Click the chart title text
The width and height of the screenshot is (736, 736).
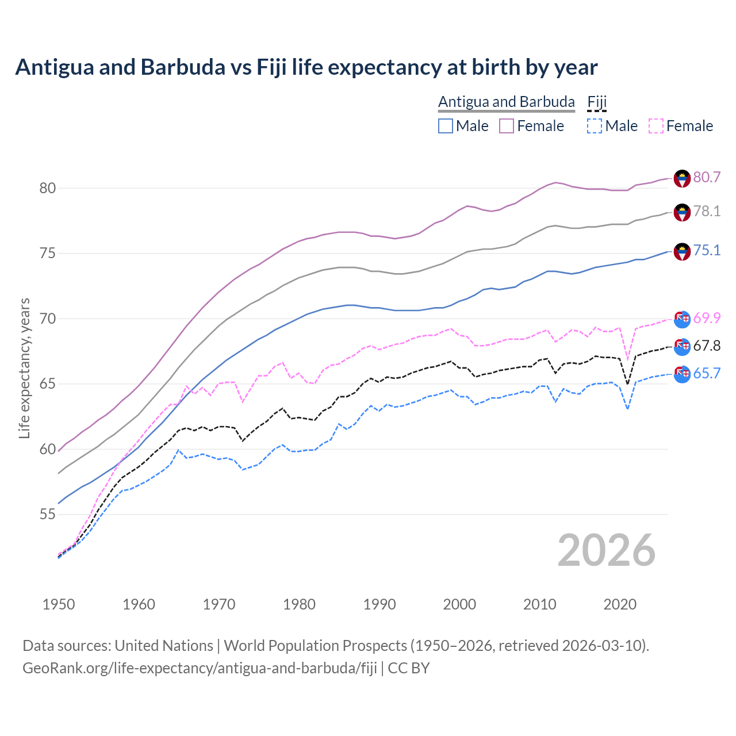306,67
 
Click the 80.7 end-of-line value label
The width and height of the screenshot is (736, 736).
707,177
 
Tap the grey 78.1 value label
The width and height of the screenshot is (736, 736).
707,212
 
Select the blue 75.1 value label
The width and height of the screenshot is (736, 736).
707,250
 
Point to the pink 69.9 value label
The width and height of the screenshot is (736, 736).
707,318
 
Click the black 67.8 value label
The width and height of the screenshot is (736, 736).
707,346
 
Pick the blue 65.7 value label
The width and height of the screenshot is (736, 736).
707,373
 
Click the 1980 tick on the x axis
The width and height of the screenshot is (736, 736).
300,604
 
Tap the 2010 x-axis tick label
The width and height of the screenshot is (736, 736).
539,604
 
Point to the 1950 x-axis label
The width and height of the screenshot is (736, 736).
59,604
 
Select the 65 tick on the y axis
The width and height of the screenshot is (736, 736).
48,384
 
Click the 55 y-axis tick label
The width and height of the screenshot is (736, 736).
48,514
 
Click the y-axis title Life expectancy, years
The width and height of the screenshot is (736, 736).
25,368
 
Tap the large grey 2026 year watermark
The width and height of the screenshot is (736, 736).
607,550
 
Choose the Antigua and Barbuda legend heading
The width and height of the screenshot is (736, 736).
506,102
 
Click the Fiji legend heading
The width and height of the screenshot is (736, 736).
597,102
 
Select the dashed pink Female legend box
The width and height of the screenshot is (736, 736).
656,126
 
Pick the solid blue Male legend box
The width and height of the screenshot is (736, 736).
446,126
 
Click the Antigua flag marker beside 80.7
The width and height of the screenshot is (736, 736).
682,178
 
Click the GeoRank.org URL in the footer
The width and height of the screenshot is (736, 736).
200,668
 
